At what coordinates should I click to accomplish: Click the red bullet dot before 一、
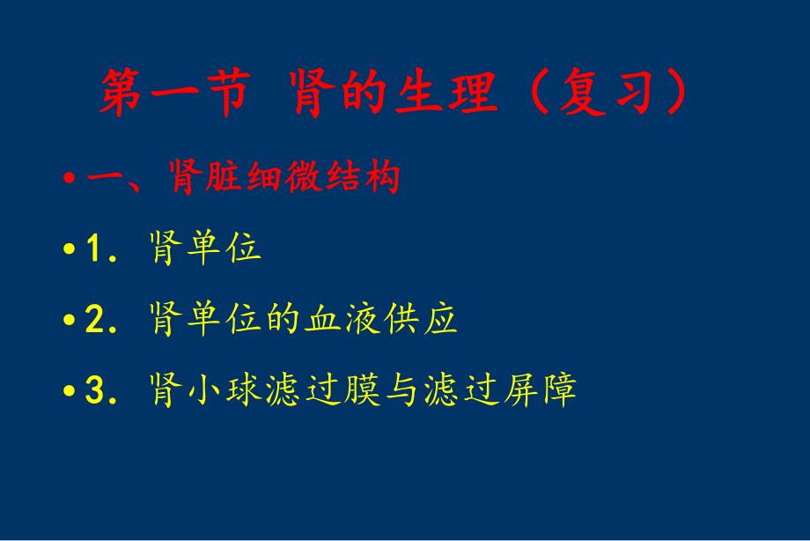pyautogui.click(x=70, y=181)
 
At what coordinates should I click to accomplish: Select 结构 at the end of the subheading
pyautogui.click(x=370, y=179)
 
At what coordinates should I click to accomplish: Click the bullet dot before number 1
pyautogui.click(x=70, y=251)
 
